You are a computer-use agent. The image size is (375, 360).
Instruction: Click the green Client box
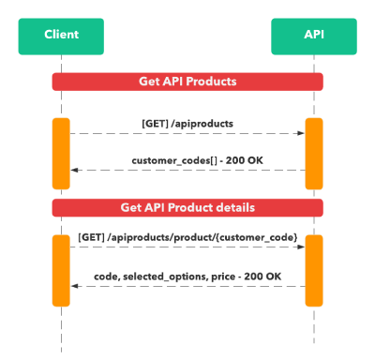61,36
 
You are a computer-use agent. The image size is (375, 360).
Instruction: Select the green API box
314,36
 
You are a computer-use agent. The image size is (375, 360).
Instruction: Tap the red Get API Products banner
187,82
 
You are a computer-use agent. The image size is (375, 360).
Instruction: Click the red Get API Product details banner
187,207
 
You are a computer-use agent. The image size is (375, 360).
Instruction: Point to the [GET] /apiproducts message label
187,123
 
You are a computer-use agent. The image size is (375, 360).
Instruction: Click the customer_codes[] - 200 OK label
187,159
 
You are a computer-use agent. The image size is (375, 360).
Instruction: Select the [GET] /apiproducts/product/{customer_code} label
187,239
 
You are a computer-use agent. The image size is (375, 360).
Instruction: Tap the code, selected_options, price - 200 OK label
187,276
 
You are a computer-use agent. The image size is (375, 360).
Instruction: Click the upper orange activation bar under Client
61,152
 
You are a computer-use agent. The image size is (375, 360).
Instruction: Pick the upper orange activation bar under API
314,152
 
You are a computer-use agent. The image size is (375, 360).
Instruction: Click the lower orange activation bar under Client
61,270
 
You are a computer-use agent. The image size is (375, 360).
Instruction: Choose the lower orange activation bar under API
314,270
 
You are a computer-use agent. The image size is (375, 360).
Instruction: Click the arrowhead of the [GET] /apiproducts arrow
301,133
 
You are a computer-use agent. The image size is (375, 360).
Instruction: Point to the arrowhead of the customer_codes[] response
74,170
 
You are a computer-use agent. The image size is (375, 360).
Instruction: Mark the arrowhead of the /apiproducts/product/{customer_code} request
301,248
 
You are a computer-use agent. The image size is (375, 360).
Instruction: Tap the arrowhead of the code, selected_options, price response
74,286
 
